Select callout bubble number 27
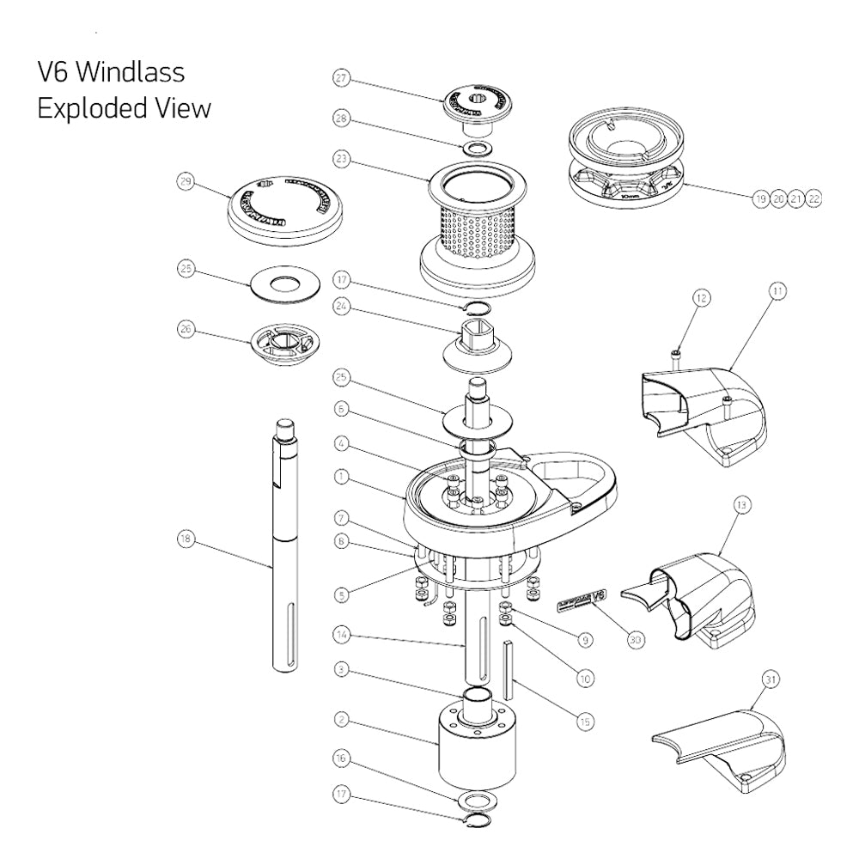tap(342, 79)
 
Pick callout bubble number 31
tap(771, 679)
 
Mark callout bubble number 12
tap(702, 298)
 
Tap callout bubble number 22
tap(814, 198)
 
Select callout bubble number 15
tap(584, 722)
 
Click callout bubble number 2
tap(342, 718)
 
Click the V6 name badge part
tap(583, 599)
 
